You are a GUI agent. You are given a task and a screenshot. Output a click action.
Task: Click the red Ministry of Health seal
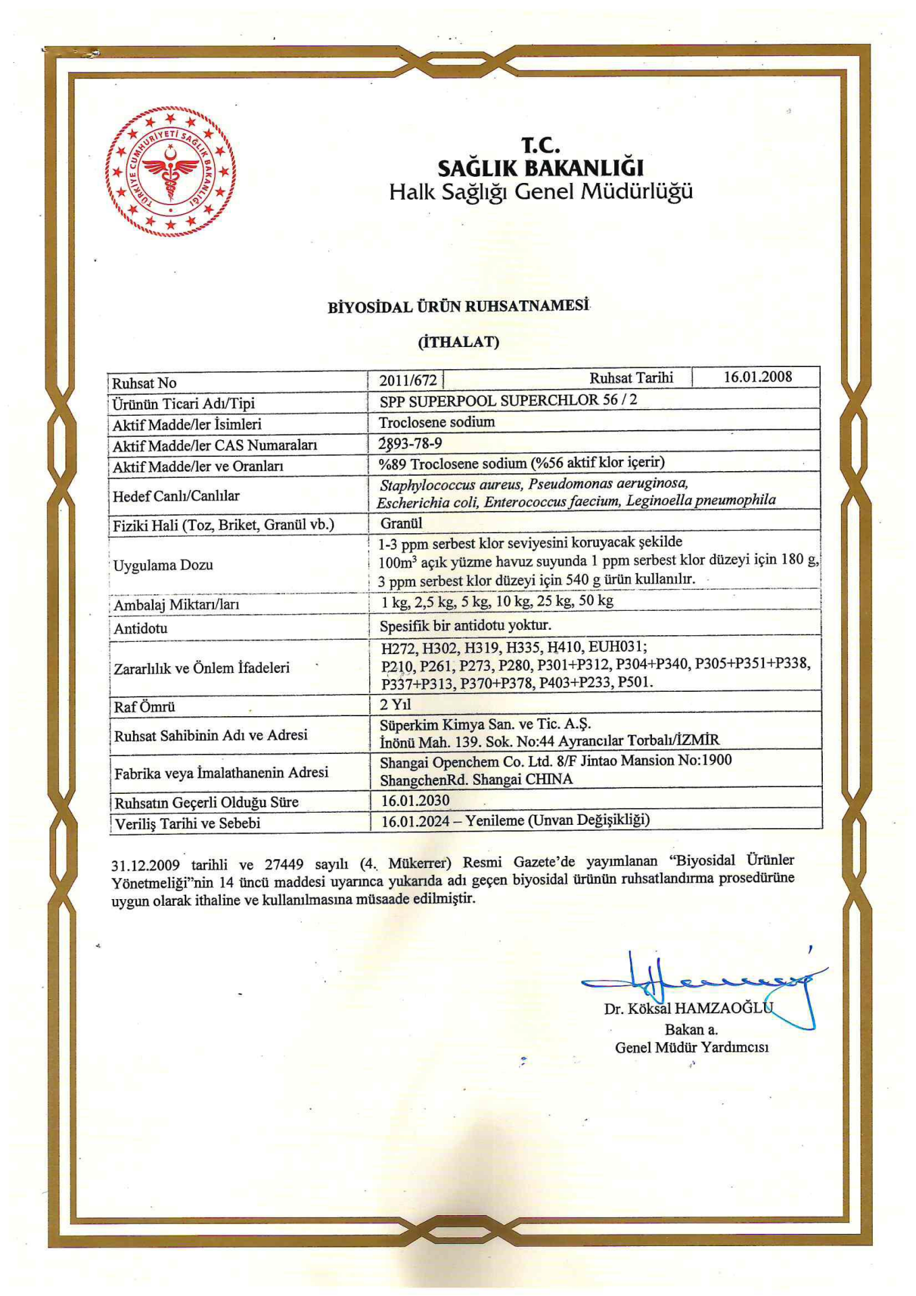(x=170, y=171)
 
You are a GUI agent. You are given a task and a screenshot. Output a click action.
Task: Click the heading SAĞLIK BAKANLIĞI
(x=541, y=168)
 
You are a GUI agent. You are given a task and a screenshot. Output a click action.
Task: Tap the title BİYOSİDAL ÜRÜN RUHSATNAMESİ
(x=458, y=306)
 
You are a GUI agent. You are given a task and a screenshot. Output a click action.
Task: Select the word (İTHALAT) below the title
(x=458, y=342)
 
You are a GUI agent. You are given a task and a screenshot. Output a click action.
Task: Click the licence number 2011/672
(x=408, y=381)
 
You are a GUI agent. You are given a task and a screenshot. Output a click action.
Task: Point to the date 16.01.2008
(x=757, y=377)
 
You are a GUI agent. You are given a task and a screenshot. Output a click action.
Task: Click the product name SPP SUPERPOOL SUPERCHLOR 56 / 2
(x=508, y=400)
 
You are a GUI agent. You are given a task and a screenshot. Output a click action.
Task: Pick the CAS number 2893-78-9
(x=410, y=443)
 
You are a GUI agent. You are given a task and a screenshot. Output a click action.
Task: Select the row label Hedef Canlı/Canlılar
(x=176, y=496)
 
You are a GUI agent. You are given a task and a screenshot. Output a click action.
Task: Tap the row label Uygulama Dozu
(x=163, y=565)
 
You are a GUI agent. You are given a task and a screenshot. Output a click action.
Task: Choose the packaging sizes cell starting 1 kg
(x=497, y=601)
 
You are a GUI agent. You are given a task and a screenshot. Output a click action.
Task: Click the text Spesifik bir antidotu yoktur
(x=465, y=625)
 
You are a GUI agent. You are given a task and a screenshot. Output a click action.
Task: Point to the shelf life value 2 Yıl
(x=396, y=705)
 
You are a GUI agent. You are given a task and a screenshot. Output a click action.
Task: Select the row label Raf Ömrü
(x=144, y=707)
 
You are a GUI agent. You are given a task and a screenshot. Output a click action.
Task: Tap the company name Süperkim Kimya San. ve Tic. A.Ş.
(x=485, y=724)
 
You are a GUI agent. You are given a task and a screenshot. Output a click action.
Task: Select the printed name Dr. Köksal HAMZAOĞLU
(x=688, y=1008)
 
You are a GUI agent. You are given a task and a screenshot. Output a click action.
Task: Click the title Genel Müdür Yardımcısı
(x=691, y=1048)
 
